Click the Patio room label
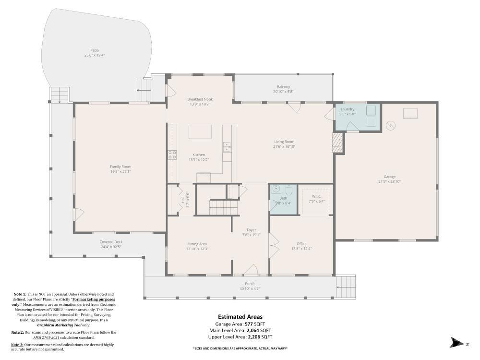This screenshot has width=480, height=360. click(95, 50)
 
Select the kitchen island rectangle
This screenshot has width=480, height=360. click(200, 132)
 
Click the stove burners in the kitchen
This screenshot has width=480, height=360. click(171, 155)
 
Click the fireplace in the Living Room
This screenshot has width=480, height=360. click(338, 143)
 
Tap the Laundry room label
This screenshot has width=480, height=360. click(347, 109)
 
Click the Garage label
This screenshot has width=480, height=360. click(389, 177)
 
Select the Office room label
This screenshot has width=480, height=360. click(301, 244)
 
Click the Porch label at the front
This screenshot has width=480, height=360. click(250, 284)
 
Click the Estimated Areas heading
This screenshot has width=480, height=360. click(240, 317)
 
